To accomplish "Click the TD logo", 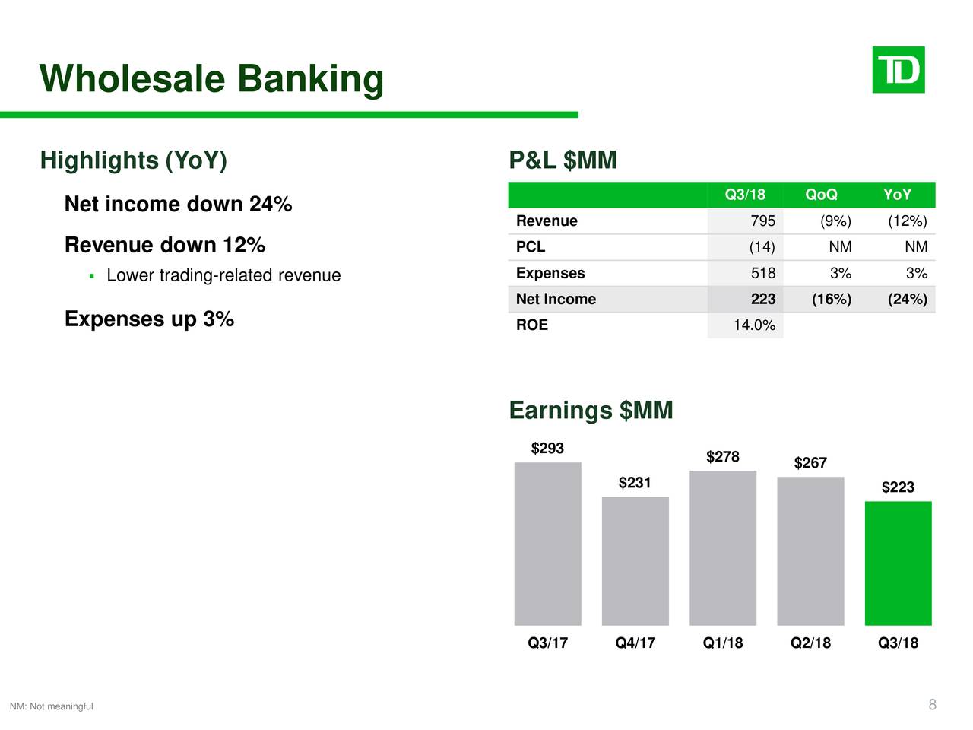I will [x=898, y=70].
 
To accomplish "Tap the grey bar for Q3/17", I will [x=547, y=544].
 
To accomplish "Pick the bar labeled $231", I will [x=635, y=561].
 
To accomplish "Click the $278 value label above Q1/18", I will [x=722, y=456].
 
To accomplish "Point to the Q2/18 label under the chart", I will [x=810, y=643].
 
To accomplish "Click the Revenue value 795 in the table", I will [x=762, y=221].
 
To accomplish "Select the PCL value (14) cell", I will [x=762, y=247].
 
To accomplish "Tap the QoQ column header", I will [x=821, y=195].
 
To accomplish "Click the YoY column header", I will [x=897, y=195].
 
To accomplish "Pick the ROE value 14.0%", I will [x=754, y=325].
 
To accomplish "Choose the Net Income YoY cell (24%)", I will [x=907, y=300].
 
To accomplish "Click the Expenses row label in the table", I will [x=550, y=273].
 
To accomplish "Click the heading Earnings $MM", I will [x=591, y=411].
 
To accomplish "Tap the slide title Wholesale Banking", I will [x=211, y=79].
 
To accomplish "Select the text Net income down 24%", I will [x=178, y=205].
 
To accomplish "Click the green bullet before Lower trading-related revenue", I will [x=91, y=275].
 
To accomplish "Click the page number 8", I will [x=932, y=705].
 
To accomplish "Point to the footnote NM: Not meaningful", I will [x=51, y=706].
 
